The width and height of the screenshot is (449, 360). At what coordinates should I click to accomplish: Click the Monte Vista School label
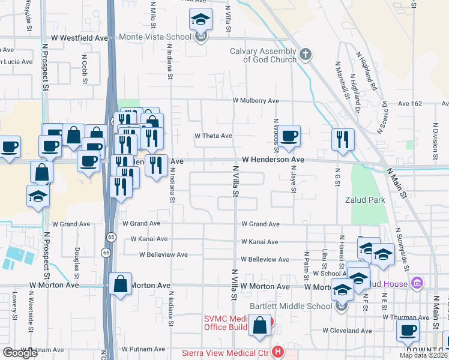pos(155,37)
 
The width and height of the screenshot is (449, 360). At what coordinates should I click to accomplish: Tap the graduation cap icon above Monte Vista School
pos(201,20)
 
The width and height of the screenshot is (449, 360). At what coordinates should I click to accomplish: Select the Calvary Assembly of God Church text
pos(263,55)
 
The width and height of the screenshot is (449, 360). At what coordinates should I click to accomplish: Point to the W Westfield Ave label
pos(79,38)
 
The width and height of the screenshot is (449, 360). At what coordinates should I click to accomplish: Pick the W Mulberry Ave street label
pos(256,101)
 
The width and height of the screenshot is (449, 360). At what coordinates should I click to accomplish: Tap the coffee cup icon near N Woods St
pos(289,136)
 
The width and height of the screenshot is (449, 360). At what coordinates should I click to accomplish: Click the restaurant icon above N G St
pos(343,139)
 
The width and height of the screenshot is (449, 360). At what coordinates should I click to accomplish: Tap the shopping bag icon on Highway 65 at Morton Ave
pos(121,284)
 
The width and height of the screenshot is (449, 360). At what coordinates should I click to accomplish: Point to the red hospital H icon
pos(277,352)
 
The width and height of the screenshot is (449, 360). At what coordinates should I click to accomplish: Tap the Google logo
pos(20,353)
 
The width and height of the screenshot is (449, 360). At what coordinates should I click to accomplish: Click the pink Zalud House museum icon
pos(418,283)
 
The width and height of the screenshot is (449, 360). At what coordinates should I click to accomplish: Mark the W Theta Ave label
pos(212,136)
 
